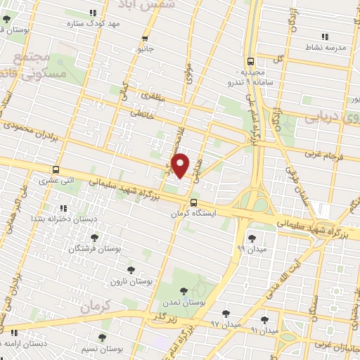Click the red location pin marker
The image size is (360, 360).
tap(181, 165)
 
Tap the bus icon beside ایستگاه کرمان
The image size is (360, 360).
tap(193, 203)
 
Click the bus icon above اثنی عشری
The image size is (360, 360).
tap(56, 169)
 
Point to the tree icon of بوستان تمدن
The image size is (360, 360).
tap(184, 290)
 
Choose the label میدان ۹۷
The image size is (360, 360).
tap(226, 325)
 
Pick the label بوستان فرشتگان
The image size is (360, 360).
tap(95, 249)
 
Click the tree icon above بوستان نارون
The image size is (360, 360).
tap(130, 270)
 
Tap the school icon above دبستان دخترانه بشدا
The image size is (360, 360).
tap(63, 208)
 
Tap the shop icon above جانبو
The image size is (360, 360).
tap(146, 39)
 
